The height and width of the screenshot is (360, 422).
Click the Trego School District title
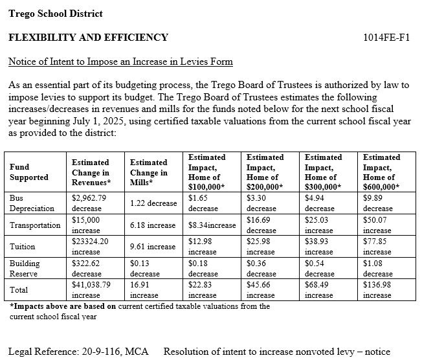pos(55,14)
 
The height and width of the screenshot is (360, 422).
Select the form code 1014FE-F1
pos(386,38)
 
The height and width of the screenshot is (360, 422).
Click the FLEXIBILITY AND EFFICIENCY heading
pos(88,38)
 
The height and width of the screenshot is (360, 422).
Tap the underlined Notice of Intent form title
pos(120,62)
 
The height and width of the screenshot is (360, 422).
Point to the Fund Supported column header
pos(28,172)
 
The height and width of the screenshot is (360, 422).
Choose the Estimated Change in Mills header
pos(148,172)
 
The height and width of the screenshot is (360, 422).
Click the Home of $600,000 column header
pos(381,172)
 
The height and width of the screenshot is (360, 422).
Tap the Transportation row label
pos(35,225)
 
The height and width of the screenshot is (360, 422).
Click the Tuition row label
pos(23,247)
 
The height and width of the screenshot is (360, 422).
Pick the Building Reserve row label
pos(25,268)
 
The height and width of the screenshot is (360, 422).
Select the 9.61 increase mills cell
pos(153,247)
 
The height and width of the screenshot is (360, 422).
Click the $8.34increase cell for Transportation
pos(212,225)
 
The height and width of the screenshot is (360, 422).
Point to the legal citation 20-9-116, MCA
pos(112,352)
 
